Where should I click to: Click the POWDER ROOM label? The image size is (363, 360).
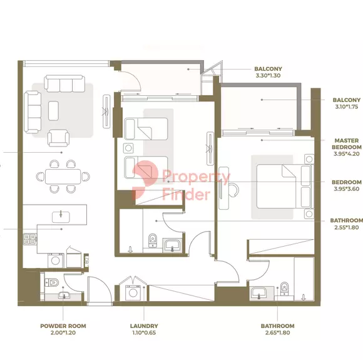pyautogui.click(x=63, y=326)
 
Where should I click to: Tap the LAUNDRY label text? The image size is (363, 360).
pyautogui.click(x=144, y=326)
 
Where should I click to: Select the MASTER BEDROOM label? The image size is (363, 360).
pyautogui.click(x=347, y=143)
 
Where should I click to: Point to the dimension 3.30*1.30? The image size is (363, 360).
pyautogui.click(x=268, y=76)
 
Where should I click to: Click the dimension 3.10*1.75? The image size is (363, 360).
pyautogui.click(x=347, y=107)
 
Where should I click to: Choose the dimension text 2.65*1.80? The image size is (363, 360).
pyautogui.click(x=278, y=332)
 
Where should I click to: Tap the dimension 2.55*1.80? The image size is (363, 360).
pyautogui.click(x=347, y=227)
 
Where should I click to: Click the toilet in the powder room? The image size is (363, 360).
pyautogui.click(x=51, y=282)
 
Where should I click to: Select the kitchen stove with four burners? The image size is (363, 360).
pyautogui.click(x=30, y=239)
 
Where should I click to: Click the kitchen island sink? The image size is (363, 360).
pyautogui.click(x=61, y=217)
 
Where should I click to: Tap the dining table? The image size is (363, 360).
pyautogui.click(x=63, y=177)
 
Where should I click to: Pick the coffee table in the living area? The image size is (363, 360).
pyautogui.click(x=53, y=111)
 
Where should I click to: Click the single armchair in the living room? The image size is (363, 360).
pyautogui.click(x=58, y=138)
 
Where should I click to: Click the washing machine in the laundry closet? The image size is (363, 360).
pyautogui.click(x=133, y=292)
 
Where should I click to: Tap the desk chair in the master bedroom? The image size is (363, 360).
pyautogui.click(x=233, y=190)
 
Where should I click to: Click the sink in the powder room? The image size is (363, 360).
pyautogui.click(x=63, y=295)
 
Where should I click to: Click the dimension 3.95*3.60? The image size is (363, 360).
pyautogui.click(x=347, y=189)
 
